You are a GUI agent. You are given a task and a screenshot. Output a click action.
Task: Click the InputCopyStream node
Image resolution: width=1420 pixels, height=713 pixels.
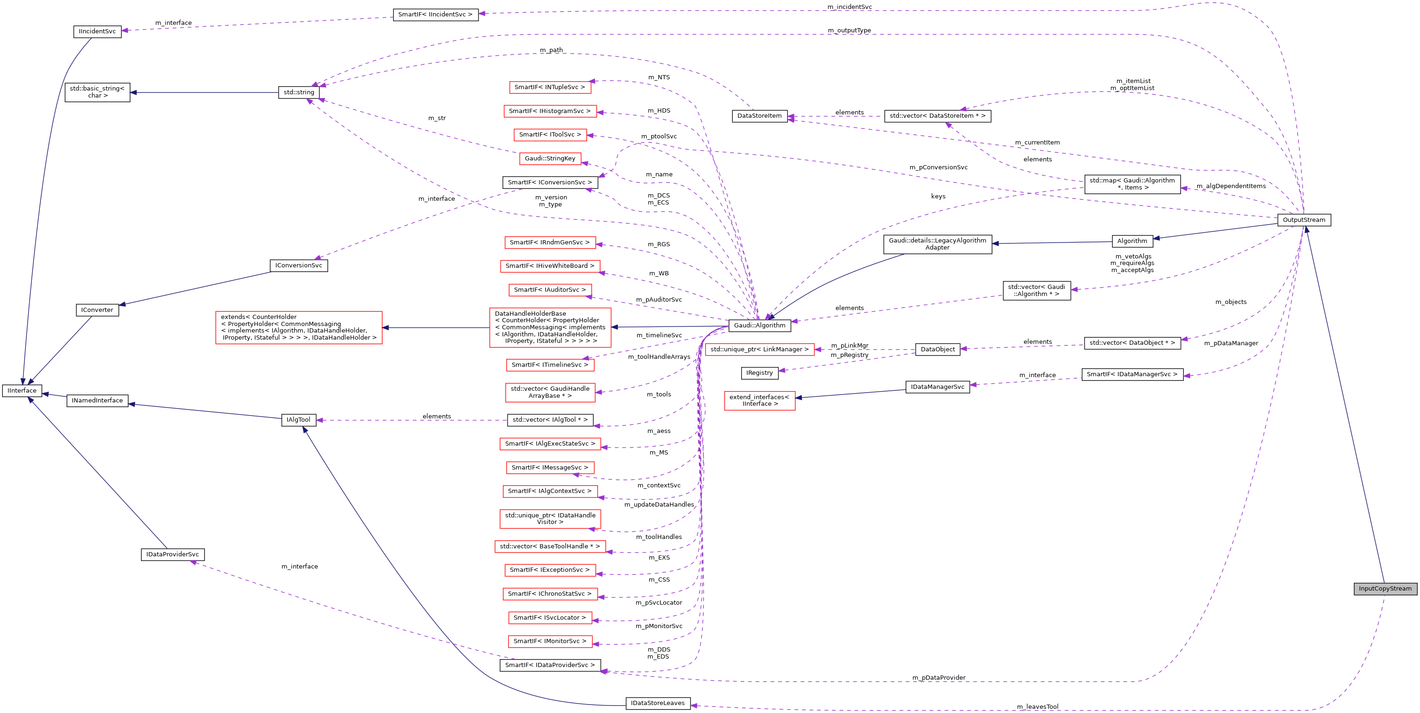[x=1385, y=589]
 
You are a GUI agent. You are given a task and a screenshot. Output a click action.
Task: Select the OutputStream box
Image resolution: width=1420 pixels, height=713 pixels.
[x=1304, y=220]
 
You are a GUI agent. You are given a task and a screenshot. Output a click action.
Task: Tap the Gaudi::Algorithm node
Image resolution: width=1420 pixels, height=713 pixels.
[x=759, y=326]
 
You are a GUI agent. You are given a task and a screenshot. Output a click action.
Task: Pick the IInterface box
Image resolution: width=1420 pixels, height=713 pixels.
[x=22, y=391]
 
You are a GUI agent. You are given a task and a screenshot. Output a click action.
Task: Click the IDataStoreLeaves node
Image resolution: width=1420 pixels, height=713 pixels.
[x=658, y=703]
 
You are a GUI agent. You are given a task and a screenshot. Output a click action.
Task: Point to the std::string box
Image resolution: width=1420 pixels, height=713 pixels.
[x=299, y=92]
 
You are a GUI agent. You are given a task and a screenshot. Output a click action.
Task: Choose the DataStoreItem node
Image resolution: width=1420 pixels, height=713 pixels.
[x=759, y=116]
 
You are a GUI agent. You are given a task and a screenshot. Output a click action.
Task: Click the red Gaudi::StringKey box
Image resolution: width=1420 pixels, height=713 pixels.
[x=550, y=159]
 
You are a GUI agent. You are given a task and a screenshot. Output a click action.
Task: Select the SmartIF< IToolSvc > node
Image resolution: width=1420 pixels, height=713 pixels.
[x=550, y=135]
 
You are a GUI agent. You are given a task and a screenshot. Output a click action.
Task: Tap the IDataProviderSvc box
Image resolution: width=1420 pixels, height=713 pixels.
[x=173, y=554]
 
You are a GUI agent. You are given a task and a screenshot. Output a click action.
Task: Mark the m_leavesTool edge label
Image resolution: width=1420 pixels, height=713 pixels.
[x=1037, y=707]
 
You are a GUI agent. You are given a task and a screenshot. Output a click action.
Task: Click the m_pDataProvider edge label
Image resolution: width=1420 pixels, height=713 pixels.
[x=938, y=678]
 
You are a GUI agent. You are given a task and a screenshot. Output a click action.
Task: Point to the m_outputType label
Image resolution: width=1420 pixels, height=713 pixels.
[x=849, y=31]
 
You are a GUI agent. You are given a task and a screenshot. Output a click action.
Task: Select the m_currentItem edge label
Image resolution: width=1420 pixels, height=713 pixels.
[x=1037, y=143]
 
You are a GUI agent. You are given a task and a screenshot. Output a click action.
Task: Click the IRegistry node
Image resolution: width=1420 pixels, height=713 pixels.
[x=759, y=373]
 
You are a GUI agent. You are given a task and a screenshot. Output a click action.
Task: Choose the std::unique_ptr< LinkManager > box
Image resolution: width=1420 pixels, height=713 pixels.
[x=759, y=349]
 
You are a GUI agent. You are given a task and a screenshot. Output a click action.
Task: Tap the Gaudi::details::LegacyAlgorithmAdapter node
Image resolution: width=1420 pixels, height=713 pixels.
[x=937, y=244]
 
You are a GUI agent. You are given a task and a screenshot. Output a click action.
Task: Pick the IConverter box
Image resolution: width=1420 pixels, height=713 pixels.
[x=97, y=310]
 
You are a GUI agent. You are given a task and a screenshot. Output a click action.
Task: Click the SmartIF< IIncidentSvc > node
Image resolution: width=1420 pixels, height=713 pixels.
[x=435, y=15]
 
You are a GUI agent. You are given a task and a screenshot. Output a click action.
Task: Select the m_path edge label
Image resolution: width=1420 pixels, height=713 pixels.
[x=551, y=50]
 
